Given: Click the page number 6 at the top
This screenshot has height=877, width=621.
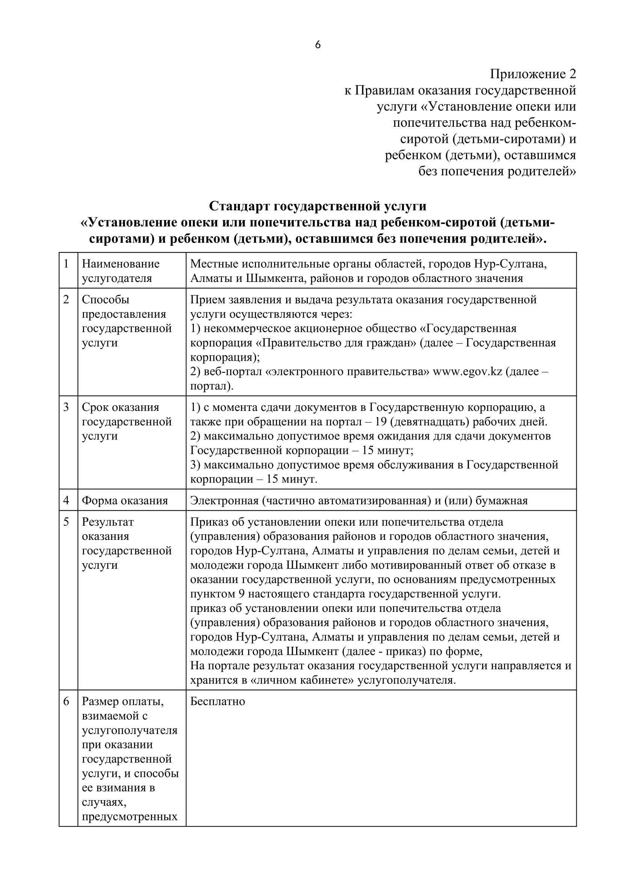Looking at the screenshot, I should [318, 45].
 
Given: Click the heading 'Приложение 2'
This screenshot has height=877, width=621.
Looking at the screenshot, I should [533, 74].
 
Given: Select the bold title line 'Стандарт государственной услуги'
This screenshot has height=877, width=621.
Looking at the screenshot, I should [317, 206].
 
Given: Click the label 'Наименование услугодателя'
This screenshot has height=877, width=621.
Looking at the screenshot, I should [121, 271].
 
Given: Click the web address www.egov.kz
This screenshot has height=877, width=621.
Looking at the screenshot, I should [467, 372].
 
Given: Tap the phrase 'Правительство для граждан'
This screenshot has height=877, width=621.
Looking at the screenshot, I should [336, 343].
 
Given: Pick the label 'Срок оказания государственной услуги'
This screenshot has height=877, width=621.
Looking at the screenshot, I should [126, 422].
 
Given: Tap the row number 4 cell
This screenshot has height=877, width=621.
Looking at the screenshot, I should [66, 501].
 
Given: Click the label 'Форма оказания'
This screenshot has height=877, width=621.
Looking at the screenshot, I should [125, 501].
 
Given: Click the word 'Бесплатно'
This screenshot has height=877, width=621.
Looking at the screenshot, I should [218, 702].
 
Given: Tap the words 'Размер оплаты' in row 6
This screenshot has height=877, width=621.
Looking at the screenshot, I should [122, 702].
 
